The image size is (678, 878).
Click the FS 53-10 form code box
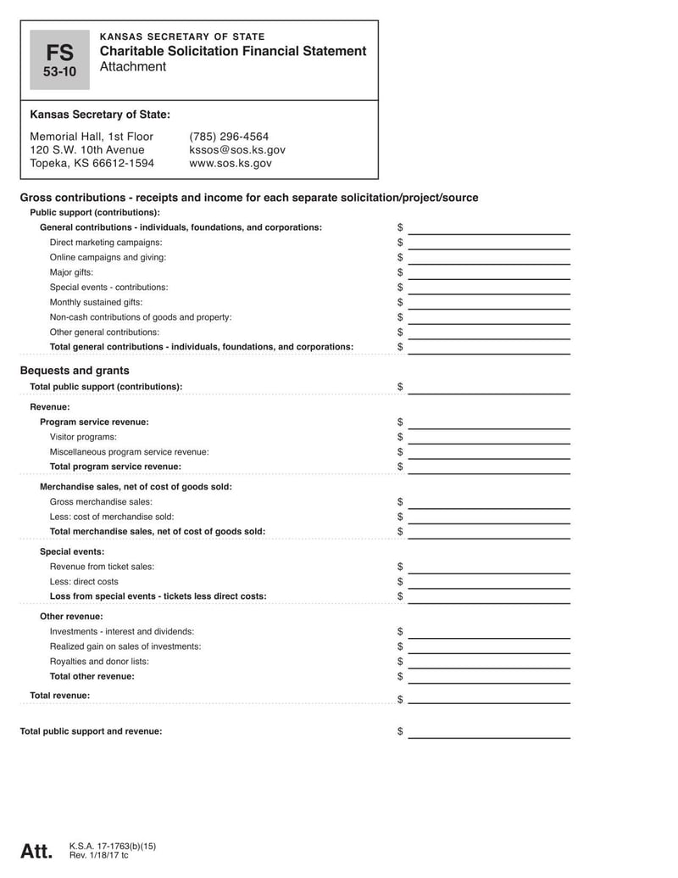point(59,59)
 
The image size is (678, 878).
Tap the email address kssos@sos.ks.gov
point(237,150)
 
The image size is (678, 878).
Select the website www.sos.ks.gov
point(231,164)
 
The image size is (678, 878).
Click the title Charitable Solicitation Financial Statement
point(233,51)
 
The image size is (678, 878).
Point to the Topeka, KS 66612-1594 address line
point(92,164)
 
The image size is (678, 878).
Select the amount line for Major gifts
point(489,273)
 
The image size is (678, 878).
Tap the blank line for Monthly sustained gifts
point(489,303)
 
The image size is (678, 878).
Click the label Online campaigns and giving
point(108,257)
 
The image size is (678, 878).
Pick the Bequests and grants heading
point(75,371)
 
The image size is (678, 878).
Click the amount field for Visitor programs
point(489,438)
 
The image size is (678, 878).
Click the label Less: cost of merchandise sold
point(112,517)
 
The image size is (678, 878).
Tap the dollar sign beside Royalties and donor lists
point(400,662)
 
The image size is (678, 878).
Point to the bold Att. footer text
point(36,851)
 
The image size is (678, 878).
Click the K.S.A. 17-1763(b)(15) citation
point(113,846)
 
